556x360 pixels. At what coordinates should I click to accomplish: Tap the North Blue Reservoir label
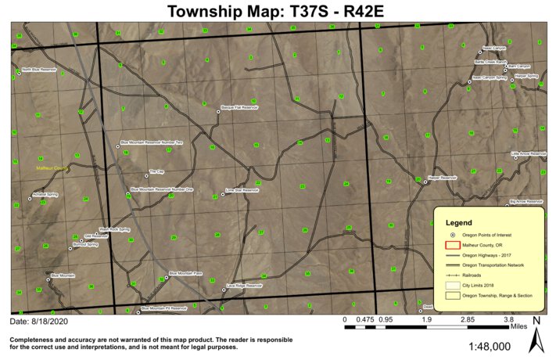pos(39,70)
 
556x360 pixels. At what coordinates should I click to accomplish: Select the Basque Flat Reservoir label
pos(239,107)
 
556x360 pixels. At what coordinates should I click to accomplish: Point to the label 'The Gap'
pos(156,171)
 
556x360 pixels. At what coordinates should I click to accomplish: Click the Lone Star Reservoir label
pos(241,189)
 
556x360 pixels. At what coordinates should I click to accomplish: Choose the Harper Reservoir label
pos(442,178)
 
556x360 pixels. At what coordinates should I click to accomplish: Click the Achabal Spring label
pos(45,194)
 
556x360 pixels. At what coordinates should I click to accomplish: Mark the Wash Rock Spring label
pos(113,229)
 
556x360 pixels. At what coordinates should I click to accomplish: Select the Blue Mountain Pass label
pos(186,274)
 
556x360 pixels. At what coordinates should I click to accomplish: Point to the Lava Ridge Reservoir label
pos(245,286)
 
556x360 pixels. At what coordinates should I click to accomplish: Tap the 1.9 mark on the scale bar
pos(427,319)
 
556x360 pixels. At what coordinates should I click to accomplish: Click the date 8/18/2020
pos(38,322)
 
